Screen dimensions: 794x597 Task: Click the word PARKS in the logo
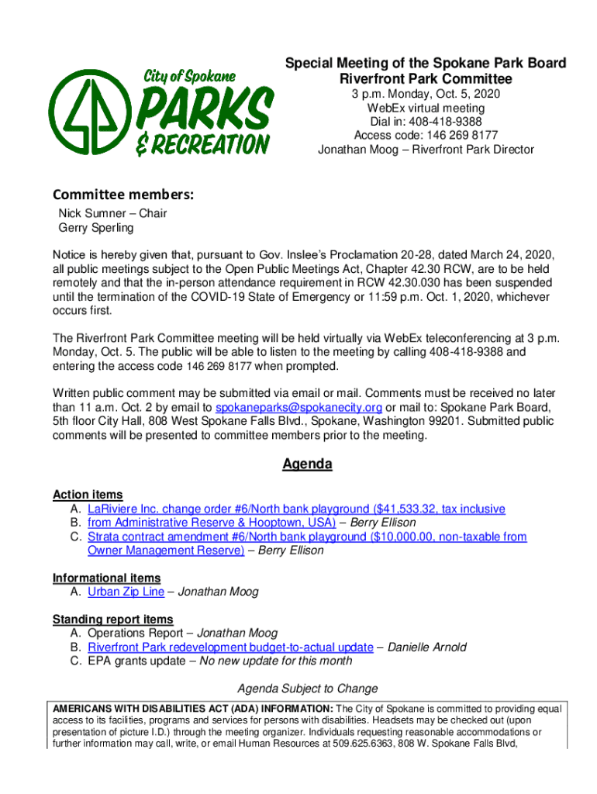click(x=205, y=109)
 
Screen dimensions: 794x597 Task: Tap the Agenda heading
click(x=307, y=464)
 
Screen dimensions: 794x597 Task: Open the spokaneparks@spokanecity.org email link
click(x=298, y=408)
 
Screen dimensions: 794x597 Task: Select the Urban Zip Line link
click(x=126, y=592)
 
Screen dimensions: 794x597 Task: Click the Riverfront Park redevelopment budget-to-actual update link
click(x=230, y=647)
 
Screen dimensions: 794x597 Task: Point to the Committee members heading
click(x=123, y=195)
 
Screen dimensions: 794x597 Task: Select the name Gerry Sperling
click(x=96, y=228)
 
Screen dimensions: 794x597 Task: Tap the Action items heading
click(x=88, y=495)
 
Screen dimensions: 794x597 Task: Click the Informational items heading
click(x=107, y=578)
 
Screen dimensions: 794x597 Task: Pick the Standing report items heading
click(x=113, y=620)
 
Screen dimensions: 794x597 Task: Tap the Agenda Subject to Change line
click(x=308, y=689)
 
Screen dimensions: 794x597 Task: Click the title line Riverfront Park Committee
click(x=426, y=79)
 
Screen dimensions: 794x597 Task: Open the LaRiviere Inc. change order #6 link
click(x=285, y=509)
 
